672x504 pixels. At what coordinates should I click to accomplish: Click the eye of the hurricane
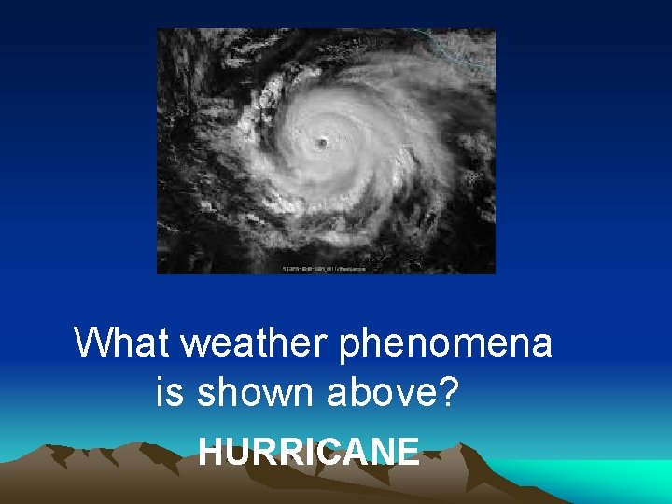(322, 143)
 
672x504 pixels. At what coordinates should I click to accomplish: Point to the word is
(169, 394)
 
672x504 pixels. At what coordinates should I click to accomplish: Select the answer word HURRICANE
(309, 452)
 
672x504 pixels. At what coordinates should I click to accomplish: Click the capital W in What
(91, 343)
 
